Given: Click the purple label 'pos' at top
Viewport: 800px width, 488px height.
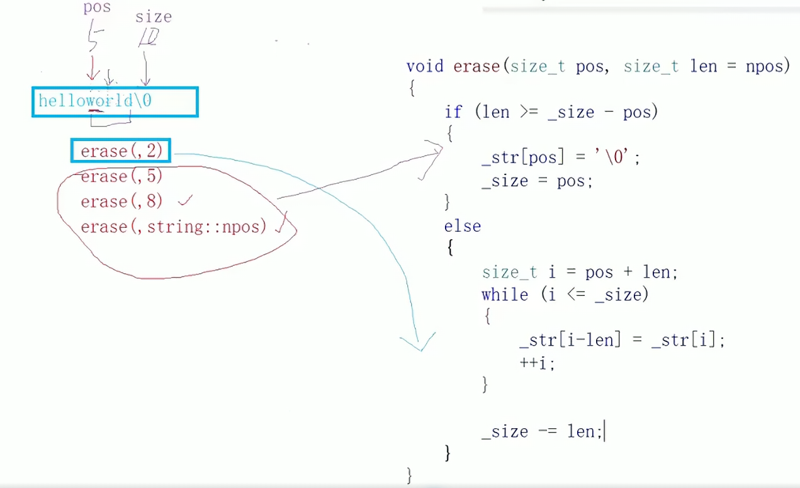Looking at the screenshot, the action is click(x=97, y=8).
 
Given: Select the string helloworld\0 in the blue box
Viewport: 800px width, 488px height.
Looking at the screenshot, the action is click(x=95, y=101).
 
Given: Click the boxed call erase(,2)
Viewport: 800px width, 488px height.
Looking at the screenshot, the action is click(x=121, y=151).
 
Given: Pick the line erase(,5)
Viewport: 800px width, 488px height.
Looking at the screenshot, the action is click(x=121, y=176).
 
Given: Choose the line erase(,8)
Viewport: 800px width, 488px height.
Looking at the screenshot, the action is click(x=121, y=201).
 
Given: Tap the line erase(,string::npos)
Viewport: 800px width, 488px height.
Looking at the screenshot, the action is click(x=174, y=227).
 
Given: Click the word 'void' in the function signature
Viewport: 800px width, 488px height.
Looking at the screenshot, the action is click(x=425, y=66).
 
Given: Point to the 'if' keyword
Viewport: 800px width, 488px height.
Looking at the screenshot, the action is click(x=453, y=112).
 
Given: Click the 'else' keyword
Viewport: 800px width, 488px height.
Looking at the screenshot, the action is click(x=463, y=226).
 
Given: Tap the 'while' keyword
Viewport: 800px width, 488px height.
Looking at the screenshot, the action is click(x=505, y=295).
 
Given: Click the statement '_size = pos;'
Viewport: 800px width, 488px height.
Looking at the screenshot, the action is click(x=537, y=181).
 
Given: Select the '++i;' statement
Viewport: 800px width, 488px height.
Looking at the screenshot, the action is click(x=537, y=363).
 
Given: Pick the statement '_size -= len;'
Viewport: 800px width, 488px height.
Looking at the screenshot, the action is click(x=542, y=431).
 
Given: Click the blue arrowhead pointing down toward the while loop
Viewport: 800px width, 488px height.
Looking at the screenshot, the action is click(x=419, y=343).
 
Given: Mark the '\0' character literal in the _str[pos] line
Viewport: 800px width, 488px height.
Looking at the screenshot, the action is click(x=619, y=157).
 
